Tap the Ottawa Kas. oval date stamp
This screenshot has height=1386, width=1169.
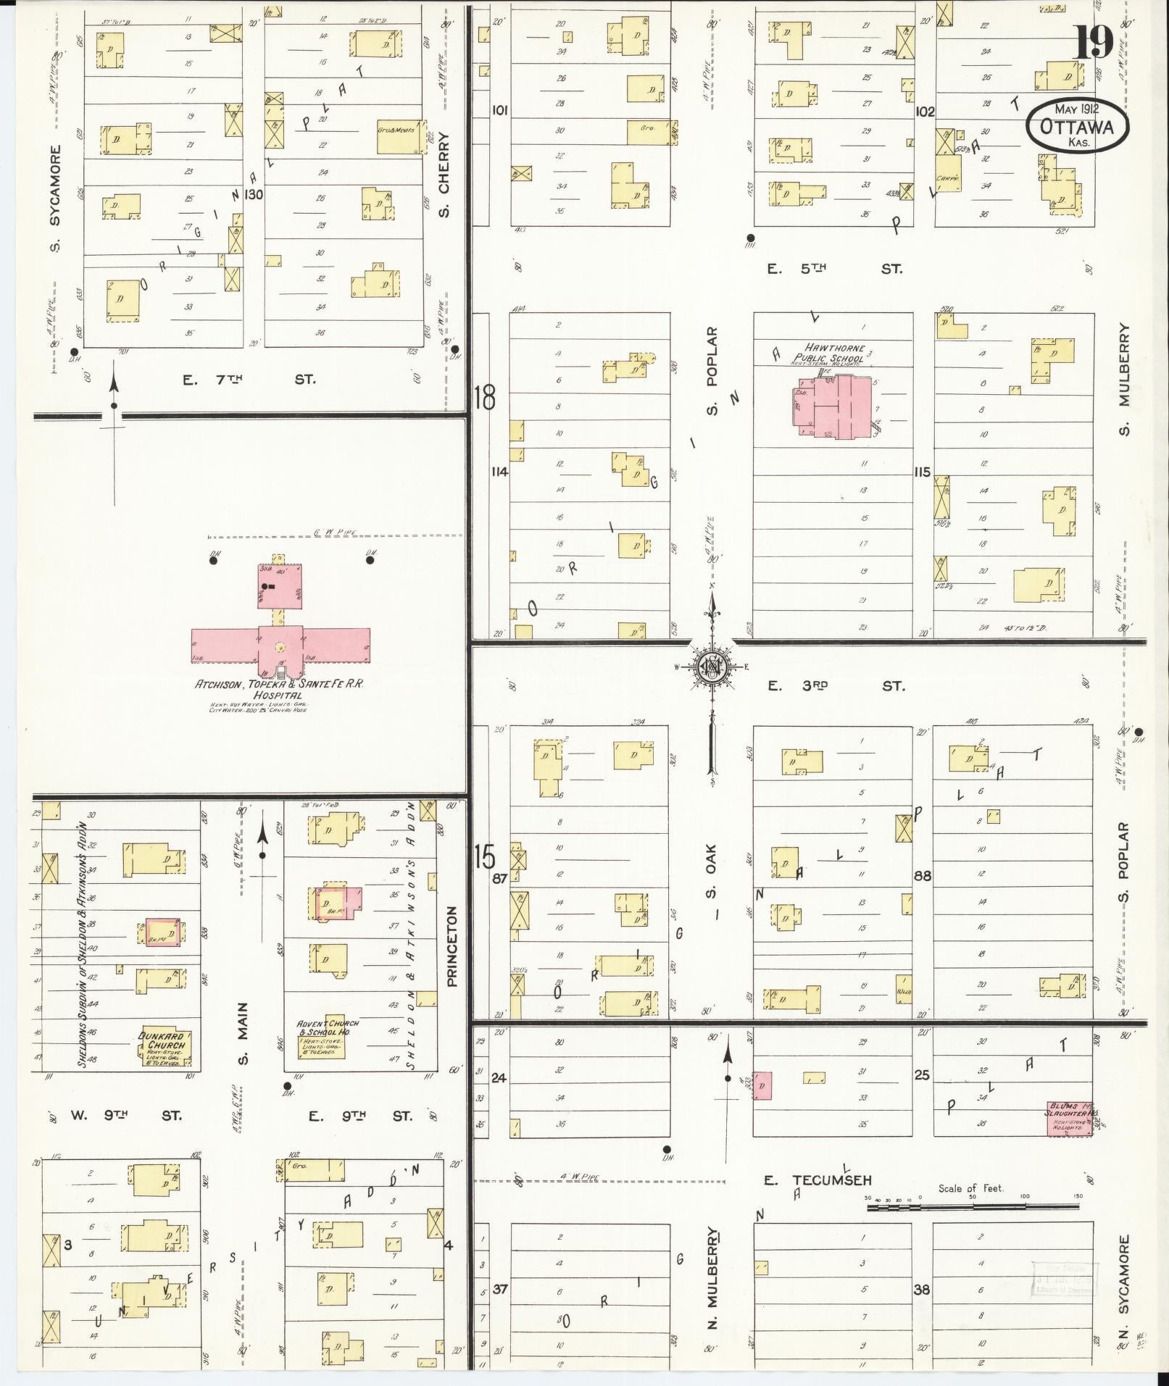click(1077, 126)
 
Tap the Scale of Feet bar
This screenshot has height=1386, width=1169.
click(971, 1207)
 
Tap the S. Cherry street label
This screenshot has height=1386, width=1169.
click(444, 174)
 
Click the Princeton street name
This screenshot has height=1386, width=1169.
click(454, 946)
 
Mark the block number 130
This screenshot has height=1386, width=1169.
click(254, 194)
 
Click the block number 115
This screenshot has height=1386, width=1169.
click(922, 472)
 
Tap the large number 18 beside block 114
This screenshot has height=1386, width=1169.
click(485, 397)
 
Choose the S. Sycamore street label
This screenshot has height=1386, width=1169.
click(56, 199)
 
